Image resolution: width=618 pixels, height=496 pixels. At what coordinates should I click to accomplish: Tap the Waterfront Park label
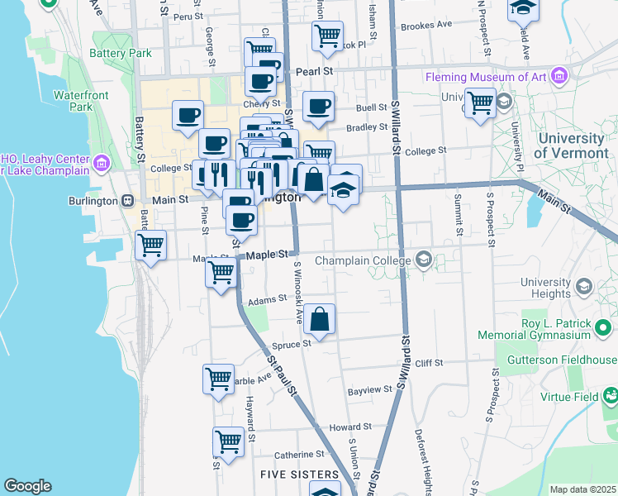click(81, 101)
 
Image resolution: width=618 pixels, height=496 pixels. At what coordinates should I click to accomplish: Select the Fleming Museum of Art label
click(486, 77)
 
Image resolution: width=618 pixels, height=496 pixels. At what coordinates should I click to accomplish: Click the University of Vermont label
click(571, 145)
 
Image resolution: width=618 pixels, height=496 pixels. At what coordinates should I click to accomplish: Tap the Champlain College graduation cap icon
click(424, 260)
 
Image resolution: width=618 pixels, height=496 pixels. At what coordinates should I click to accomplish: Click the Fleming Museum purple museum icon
click(560, 77)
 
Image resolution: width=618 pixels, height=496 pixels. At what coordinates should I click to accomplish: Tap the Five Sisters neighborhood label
click(299, 475)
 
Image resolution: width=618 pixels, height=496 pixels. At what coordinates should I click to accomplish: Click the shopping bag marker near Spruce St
click(319, 318)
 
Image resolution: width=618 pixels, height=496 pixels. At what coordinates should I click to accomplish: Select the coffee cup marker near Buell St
click(318, 106)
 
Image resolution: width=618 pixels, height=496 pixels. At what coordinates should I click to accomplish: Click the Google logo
click(27, 486)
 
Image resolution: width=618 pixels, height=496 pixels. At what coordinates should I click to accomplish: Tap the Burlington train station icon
click(127, 200)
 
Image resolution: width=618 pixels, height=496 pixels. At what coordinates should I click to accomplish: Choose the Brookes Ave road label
click(425, 25)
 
